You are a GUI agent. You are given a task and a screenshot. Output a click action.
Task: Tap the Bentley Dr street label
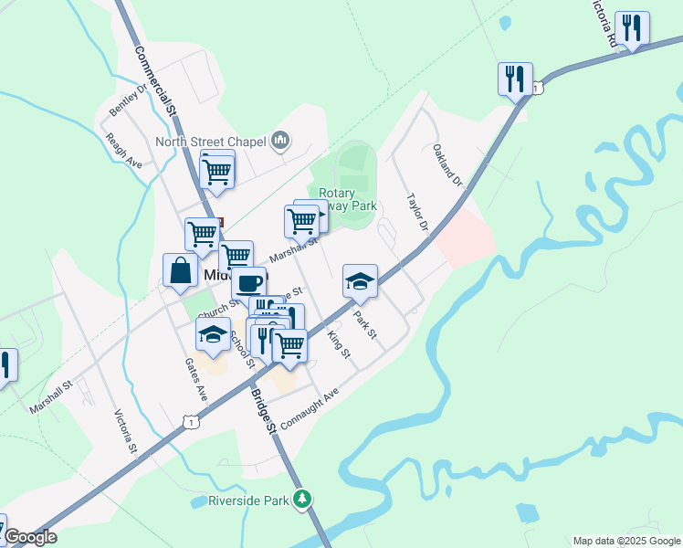[x=127, y=100]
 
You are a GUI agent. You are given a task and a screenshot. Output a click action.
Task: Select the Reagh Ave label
[x=124, y=150]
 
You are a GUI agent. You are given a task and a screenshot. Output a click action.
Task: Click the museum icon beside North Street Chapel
[x=280, y=141]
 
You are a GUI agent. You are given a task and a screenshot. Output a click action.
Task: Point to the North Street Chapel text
[x=210, y=142]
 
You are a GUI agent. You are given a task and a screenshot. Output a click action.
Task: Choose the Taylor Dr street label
[x=418, y=212]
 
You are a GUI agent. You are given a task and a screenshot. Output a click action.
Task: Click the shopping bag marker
[x=181, y=270]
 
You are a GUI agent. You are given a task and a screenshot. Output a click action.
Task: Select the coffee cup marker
[x=248, y=281]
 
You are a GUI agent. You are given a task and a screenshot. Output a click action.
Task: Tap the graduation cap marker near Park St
[x=361, y=281]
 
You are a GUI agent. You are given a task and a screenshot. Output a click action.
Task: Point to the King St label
[x=339, y=344]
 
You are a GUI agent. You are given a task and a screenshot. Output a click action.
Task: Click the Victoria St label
[x=125, y=432]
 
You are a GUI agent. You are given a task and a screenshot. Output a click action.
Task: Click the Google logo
[x=30, y=537]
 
